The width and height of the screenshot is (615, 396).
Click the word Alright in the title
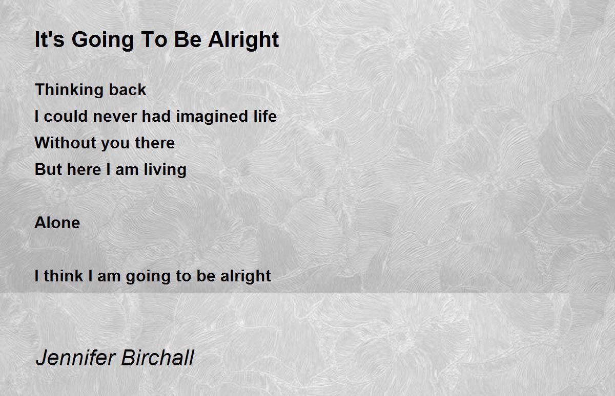pyautogui.click(x=243, y=40)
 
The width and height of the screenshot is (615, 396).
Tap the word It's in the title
pyautogui.click(x=49, y=39)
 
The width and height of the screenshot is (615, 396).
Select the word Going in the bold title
pyautogui.click(x=102, y=40)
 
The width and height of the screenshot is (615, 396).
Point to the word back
pyautogui.click(x=128, y=90)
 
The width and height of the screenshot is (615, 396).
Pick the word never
pyautogui.click(x=115, y=117)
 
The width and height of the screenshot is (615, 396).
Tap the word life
pyautogui.click(x=265, y=116)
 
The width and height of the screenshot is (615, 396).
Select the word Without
pyautogui.click(x=65, y=143)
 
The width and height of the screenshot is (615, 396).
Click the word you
pyautogui.click(x=115, y=144)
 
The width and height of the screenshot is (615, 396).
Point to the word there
pyautogui.click(x=155, y=143)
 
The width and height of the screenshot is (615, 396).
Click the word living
pyautogui.click(x=165, y=170)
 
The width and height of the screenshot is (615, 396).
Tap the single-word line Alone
pyautogui.click(x=57, y=223)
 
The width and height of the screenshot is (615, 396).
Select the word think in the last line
pyautogui.click(x=64, y=276)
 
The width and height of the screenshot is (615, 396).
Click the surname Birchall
pyautogui.click(x=158, y=358)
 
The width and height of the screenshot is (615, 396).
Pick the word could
pyautogui.click(x=66, y=116)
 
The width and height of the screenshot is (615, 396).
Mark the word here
pyautogui.click(x=84, y=169)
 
